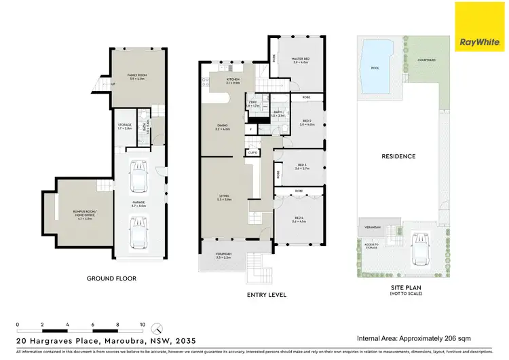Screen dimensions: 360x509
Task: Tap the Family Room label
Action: (138, 76)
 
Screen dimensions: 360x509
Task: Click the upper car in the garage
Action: (138, 177)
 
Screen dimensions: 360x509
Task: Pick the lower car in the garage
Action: (138, 232)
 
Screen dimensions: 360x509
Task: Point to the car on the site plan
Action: (419, 251)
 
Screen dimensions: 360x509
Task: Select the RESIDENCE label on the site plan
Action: (398, 156)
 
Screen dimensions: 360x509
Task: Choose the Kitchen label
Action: (233, 80)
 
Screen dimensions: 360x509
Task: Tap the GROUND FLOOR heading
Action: (111, 278)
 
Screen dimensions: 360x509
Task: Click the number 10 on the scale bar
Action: (143, 325)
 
